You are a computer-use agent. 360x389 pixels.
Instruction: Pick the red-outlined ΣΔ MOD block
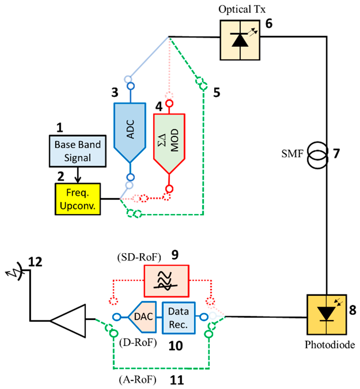(x=169, y=142)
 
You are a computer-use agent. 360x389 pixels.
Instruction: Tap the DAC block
(x=142, y=317)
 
